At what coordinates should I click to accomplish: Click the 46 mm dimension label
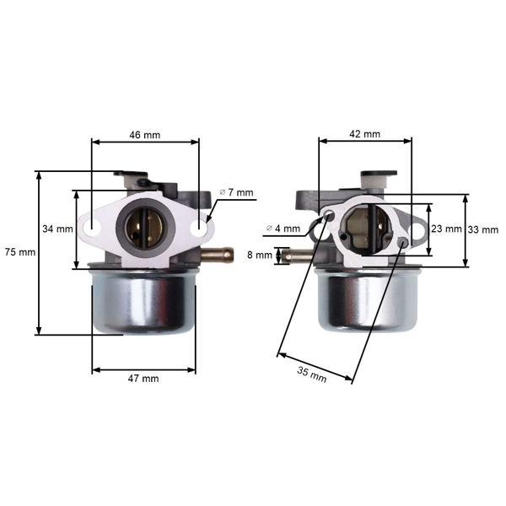(144, 135)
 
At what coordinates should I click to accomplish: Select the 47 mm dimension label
(143, 379)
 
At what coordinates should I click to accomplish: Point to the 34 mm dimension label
(57, 229)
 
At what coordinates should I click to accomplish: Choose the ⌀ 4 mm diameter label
(283, 228)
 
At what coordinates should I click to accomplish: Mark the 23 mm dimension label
(446, 229)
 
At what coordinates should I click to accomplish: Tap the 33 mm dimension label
(483, 230)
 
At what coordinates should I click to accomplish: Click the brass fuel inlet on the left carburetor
(218, 253)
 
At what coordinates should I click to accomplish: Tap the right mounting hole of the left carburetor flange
(198, 227)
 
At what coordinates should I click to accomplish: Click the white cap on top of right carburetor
(379, 179)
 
